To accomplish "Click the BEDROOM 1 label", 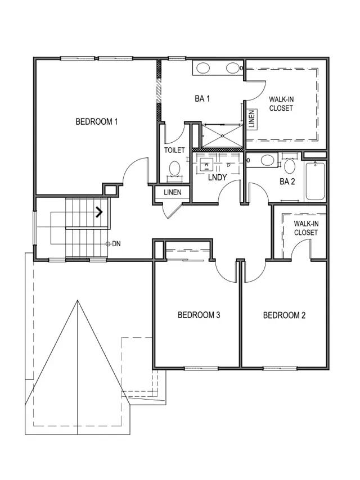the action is tap(97, 121).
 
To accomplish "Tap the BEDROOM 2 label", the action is tap(284, 315).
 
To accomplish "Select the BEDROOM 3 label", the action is tap(199, 315).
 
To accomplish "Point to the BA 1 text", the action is tap(202, 98).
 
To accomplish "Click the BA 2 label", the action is tap(287, 182).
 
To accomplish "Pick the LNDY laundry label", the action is tap(217, 177).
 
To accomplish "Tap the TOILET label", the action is tap(174, 150).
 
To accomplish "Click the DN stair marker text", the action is tap(116, 244).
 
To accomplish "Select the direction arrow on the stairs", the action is tap(98, 212).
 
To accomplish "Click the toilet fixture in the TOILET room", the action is tap(174, 169).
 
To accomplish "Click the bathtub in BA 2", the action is tap(315, 181).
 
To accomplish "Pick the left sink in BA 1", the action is tap(203, 68).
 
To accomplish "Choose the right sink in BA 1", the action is tap(232, 68).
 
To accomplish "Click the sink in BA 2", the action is tap(267, 160).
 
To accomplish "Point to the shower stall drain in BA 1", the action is tap(223, 135).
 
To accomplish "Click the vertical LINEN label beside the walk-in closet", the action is tap(251, 119).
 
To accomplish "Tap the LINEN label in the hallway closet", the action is tap(173, 192).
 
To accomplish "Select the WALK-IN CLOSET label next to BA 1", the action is tap(281, 103).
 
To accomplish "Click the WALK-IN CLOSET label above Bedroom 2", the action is tap(306, 228).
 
